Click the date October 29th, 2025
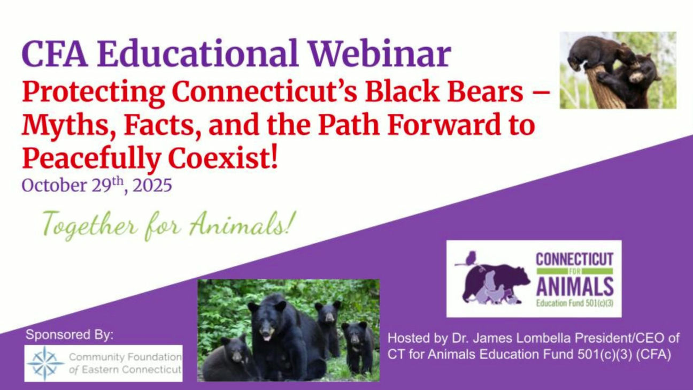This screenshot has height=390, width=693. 97,186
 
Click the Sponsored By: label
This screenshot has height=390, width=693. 70,335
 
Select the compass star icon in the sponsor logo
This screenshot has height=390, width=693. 45,363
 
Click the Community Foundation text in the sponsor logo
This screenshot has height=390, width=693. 125,357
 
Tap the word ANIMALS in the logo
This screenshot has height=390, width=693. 575,287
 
